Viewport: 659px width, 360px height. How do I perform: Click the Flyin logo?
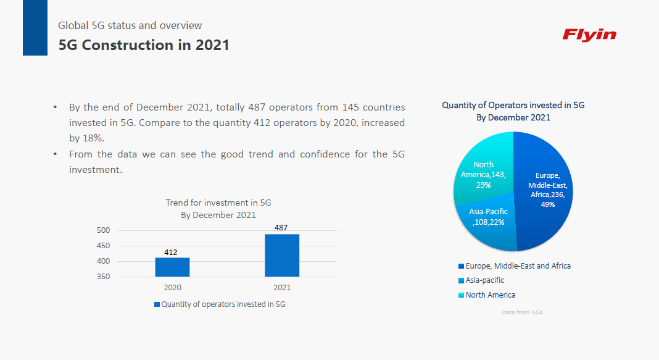pyautogui.click(x=589, y=35)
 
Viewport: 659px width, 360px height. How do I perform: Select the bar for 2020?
pyautogui.click(x=172, y=267)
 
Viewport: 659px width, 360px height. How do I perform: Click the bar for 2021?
pyautogui.click(x=282, y=255)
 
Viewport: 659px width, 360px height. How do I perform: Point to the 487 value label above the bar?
pyautogui.click(x=281, y=228)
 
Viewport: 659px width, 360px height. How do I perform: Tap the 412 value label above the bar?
pyautogui.click(x=171, y=252)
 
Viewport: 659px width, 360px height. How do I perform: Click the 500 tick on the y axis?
pyautogui.click(x=104, y=230)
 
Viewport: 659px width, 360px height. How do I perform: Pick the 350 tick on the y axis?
pyautogui.click(x=104, y=277)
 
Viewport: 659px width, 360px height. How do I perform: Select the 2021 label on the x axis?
pyautogui.click(x=282, y=288)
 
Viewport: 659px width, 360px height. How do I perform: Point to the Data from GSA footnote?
pyautogui.click(x=522, y=312)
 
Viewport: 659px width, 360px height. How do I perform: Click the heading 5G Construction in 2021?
pyautogui.click(x=144, y=45)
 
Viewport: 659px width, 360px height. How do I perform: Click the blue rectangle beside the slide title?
pyautogui.click(x=35, y=28)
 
